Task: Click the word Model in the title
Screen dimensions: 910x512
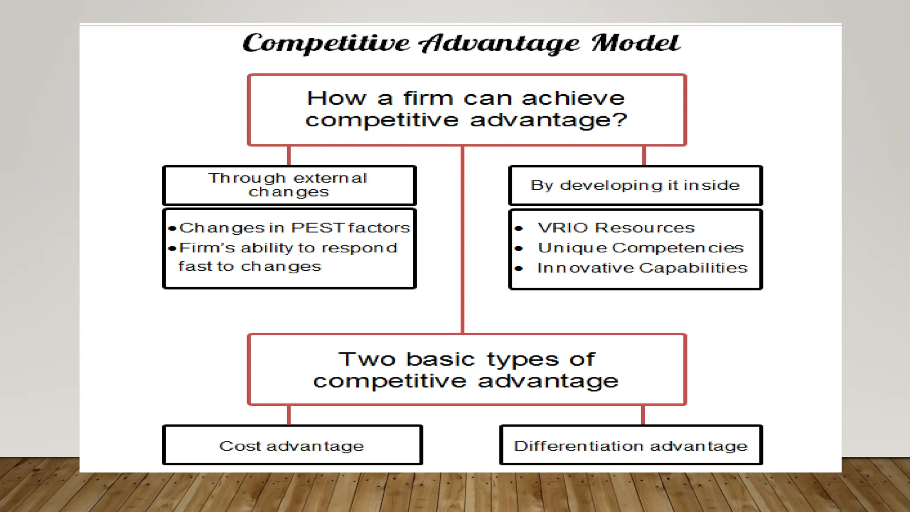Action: pyautogui.click(x=635, y=44)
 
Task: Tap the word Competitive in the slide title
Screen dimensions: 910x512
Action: pyautogui.click(x=326, y=44)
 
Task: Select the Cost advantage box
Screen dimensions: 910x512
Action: pyautogui.click(x=292, y=445)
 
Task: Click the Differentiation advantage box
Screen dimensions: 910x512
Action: pyautogui.click(x=631, y=445)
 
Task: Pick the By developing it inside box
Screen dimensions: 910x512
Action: pyautogui.click(x=635, y=185)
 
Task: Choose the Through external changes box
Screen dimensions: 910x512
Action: pyautogui.click(x=289, y=185)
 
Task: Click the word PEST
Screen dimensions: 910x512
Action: pyautogui.click(x=318, y=228)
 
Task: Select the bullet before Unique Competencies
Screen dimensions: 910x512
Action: pyautogui.click(x=519, y=248)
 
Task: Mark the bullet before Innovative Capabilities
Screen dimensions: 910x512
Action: pyautogui.click(x=519, y=268)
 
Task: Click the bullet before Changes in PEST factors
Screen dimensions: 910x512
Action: pyautogui.click(x=172, y=228)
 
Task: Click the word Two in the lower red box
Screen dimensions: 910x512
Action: pyautogui.click(x=367, y=359)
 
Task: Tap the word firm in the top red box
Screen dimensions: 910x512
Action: pyautogui.click(x=428, y=98)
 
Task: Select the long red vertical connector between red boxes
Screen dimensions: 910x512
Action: pyautogui.click(x=463, y=240)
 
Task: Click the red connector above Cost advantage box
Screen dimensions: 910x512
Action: pyautogui.click(x=289, y=415)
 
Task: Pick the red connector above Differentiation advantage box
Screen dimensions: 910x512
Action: pyautogui.click(x=643, y=415)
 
